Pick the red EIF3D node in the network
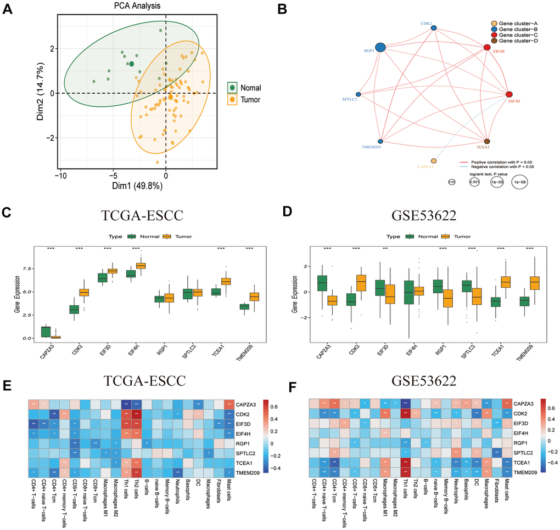(509, 95)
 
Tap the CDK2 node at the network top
(434, 28)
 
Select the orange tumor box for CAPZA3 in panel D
(331, 301)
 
